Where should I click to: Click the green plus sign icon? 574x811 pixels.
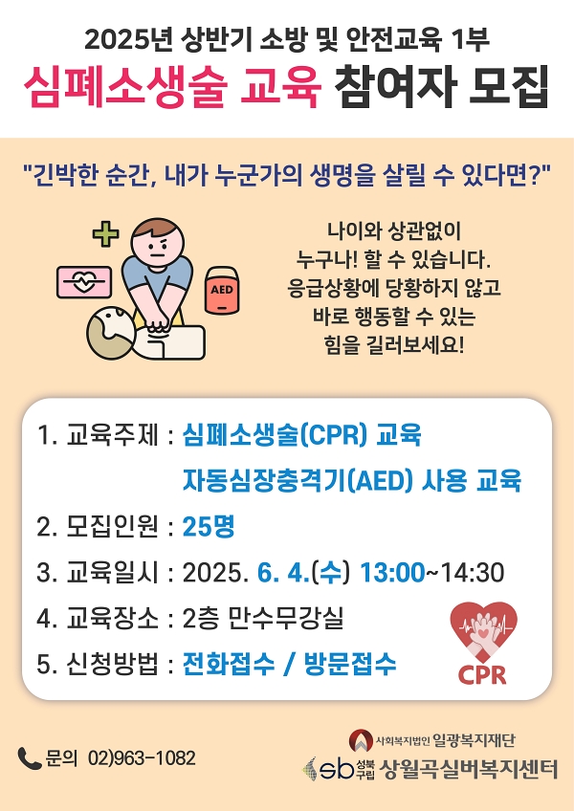point(105,233)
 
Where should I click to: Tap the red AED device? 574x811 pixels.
point(222,291)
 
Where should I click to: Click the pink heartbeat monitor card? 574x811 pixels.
point(84,282)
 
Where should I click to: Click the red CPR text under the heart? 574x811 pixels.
point(482,675)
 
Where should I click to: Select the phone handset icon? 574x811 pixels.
point(29,758)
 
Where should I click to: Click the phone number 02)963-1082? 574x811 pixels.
point(142,758)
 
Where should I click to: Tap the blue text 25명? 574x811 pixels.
point(209,527)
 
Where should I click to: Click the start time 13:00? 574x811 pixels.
point(392,573)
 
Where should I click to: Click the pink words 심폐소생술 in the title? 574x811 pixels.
point(125,87)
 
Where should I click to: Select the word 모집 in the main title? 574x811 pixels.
point(508,87)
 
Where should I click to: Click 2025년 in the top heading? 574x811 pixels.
point(128,40)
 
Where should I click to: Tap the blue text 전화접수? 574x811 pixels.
point(229,664)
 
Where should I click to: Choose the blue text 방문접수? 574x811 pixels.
point(350,664)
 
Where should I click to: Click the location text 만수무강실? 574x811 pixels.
point(286,618)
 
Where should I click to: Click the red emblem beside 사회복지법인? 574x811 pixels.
point(361,740)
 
